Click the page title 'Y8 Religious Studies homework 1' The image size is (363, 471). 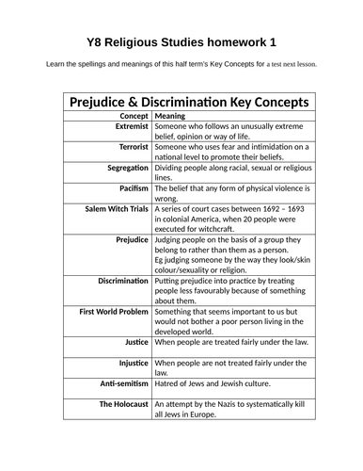pos(181,42)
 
